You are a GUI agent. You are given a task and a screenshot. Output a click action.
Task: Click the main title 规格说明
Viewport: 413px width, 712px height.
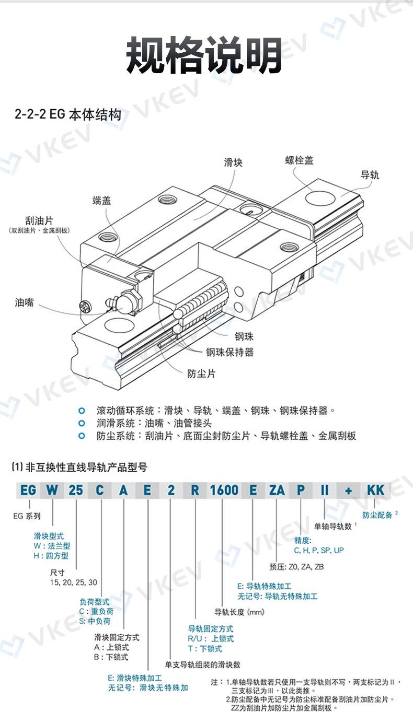pos(206,55)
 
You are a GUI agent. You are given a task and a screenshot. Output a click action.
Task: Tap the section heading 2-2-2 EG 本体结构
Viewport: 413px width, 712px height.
pos(68,114)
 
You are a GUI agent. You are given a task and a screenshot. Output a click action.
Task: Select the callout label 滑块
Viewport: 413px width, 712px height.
pos(233,162)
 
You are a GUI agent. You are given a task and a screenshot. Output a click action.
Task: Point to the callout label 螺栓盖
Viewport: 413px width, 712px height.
pos(299,160)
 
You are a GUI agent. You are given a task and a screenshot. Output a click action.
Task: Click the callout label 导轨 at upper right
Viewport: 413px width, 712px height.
pos(370,174)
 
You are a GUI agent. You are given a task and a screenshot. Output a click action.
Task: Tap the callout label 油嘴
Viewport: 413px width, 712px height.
pos(24,302)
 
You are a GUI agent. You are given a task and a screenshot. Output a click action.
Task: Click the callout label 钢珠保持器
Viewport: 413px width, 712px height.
pos(230,352)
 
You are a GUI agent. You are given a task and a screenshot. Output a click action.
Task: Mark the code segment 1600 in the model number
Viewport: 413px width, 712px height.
pos(224,490)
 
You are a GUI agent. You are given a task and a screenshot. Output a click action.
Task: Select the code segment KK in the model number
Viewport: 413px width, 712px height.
pos(375,490)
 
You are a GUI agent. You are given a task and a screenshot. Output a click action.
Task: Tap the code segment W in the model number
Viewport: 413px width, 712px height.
pos(52,490)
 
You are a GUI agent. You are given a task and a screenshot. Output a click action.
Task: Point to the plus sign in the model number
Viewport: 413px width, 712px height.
pos(348,490)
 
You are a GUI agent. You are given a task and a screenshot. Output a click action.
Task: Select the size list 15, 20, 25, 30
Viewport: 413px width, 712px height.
pos(73,582)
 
